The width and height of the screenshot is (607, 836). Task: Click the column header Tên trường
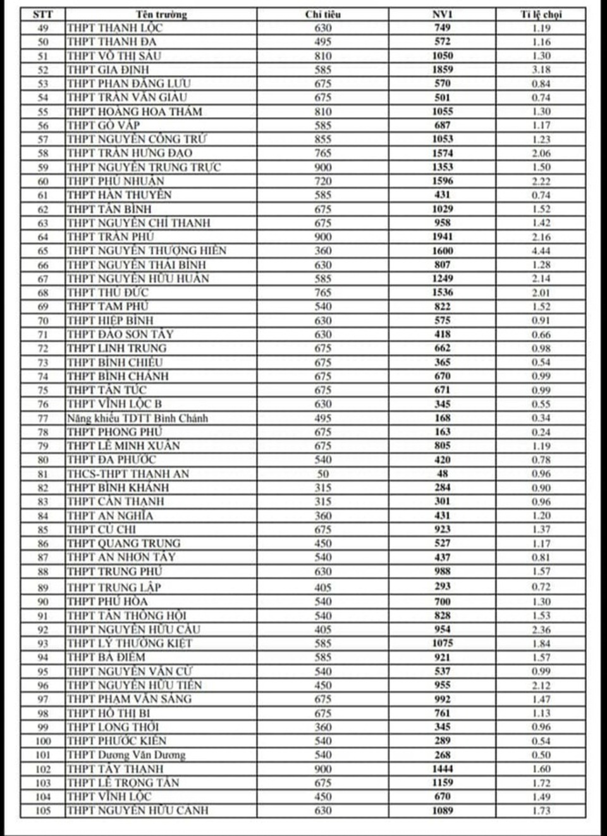(x=161, y=14)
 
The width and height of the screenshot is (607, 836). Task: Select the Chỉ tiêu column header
(x=322, y=14)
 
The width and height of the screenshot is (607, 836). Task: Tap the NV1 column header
(x=443, y=14)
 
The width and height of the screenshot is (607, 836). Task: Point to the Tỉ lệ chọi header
(x=541, y=14)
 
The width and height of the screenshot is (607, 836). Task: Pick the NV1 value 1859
(x=443, y=70)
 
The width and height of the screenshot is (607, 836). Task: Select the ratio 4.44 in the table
(x=541, y=250)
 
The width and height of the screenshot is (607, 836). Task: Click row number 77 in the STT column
(x=42, y=418)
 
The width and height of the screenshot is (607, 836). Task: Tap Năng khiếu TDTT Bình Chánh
(x=137, y=418)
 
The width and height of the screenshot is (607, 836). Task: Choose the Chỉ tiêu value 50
(x=322, y=474)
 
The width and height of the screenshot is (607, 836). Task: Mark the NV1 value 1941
(x=443, y=237)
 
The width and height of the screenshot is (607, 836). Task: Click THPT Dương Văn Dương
(x=126, y=754)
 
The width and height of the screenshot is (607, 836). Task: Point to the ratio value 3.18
(x=541, y=70)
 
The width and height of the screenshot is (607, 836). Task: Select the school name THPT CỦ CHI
(x=101, y=529)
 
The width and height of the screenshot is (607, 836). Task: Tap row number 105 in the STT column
(x=42, y=810)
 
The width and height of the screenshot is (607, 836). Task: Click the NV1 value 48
(x=443, y=474)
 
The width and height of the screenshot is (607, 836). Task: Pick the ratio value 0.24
(x=541, y=432)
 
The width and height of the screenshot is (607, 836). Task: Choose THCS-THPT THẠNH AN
(x=128, y=474)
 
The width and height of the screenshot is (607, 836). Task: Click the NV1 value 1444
(x=443, y=768)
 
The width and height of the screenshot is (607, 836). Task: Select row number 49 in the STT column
(x=42, y=28)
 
